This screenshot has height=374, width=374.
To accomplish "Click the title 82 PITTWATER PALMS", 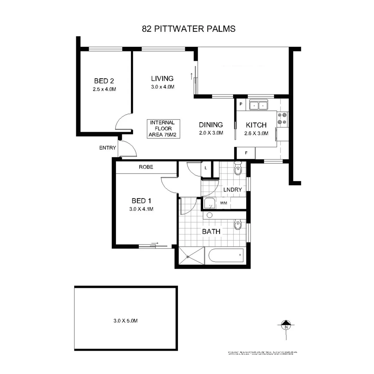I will coord(188,29).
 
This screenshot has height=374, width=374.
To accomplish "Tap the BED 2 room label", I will coord(104,81).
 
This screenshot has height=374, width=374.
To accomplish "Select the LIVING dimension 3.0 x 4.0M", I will coord(162,87).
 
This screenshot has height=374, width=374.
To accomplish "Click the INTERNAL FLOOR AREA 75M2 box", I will coord(162,128).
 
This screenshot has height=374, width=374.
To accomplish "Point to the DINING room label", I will coord(211,125).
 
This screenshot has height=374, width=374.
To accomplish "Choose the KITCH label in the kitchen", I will coord(256,125).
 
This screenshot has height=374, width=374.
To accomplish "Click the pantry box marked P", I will coord(241,104).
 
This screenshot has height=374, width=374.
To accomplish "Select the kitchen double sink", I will coord(259,105).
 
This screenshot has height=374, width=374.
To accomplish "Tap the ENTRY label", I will coord(108,148).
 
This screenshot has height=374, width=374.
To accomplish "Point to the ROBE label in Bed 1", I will coord(146,167).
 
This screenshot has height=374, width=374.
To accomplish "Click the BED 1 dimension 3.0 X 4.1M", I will coord(142,209).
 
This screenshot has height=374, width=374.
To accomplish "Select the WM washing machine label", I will coord(223,203).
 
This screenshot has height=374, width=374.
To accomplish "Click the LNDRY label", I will coord(232,190).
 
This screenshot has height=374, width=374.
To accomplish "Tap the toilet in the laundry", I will coord(238,169).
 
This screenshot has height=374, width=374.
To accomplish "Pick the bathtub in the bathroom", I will coord(226,256).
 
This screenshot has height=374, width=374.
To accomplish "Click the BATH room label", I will coord(211,232).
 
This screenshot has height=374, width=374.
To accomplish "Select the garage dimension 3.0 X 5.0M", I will coord(126,321).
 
